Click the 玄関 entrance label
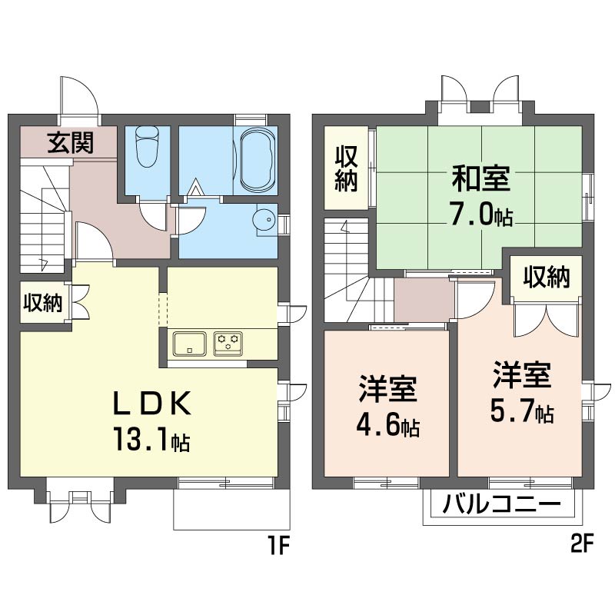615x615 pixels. click(x=71, y=142)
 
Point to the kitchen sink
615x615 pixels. click(x=190, y=344)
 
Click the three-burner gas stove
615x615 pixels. click(x=228, y=344)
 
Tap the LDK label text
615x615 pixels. click(x=152, y=404)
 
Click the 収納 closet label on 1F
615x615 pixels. click(x=43, y=303)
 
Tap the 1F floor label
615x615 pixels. click(x=279, y=545)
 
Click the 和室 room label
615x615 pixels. click(x=481, y=178)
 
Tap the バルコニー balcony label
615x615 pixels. click(x=501, y=504)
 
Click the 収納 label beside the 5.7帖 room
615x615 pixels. click(x=547, y=278)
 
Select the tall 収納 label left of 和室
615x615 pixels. click(x=346, y=168)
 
